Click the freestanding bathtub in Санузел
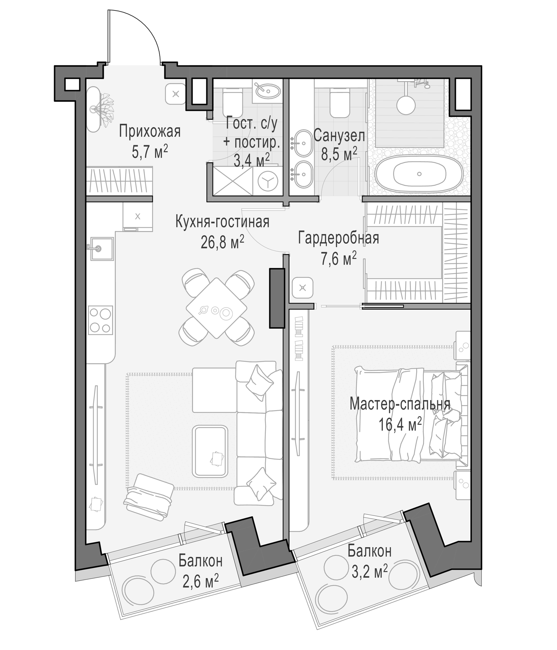tap(419, 174)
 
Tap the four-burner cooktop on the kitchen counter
tap(100, 320)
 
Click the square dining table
tap(216, 308)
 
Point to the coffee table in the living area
tap(211, 451)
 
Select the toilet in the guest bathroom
tap(232, 101)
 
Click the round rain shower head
tap(406, 105)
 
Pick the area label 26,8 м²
tap(222, 242)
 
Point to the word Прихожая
tap(150, 132)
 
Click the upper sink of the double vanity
tap(303, 143)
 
